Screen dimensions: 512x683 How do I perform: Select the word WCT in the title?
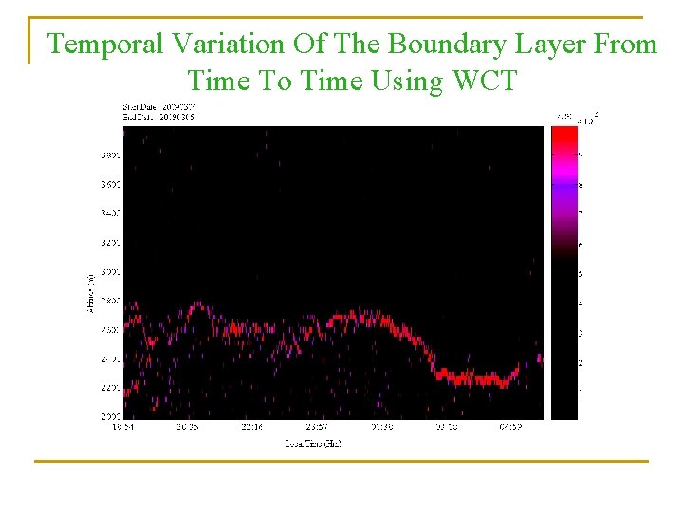click(485, 81)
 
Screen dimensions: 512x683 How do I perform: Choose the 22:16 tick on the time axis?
click(251, 427)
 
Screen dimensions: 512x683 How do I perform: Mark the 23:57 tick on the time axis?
click(317, 427)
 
